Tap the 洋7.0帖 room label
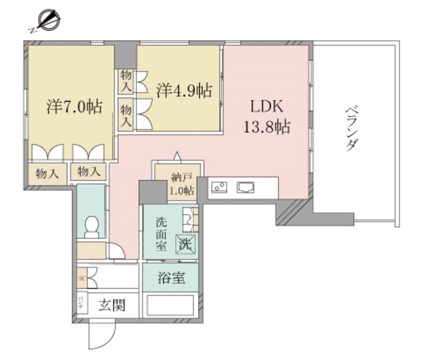[x=74, y=106]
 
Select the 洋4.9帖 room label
[x=185, y=90]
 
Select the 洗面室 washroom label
[x=161, y=234]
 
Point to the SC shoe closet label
[x=82, y=278]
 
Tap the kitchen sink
[x=247, y=188]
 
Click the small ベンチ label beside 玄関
[x=80, y=303]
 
